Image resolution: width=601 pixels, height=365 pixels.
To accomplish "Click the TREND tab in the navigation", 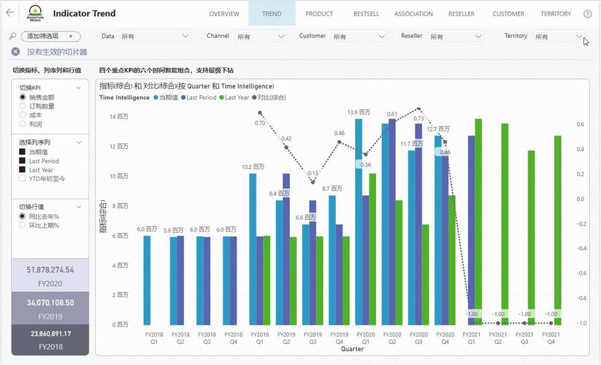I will pos(272,14).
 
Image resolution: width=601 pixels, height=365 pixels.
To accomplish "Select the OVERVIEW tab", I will pos(224,14).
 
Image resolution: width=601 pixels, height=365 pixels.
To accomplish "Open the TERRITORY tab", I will pos(556,14).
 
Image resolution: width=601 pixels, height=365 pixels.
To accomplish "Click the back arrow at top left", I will pos(9,13).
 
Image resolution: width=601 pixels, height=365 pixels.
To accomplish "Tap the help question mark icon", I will pos(587,14).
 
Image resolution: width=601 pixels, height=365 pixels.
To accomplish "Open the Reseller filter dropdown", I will pos(455,36).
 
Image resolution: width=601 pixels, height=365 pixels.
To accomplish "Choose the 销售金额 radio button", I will pos(23,96).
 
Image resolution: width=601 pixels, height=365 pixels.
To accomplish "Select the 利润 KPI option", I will pos(23,123).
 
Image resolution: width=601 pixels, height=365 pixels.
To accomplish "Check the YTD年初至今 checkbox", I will pos(23,178).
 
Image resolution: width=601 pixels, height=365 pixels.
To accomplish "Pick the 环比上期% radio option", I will pos(23,226).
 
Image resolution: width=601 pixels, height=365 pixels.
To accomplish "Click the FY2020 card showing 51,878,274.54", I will pos(45,275).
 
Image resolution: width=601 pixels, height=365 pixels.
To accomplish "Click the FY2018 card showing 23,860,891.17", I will pos(45,339).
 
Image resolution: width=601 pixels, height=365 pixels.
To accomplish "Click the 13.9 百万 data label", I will pos(357,112).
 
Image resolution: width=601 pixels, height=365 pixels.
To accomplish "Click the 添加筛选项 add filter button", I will pos(50,36).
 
